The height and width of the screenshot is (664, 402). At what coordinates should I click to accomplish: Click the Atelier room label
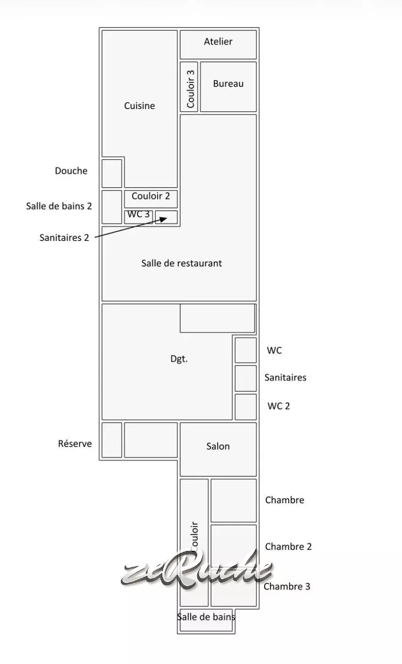tap(218, 41)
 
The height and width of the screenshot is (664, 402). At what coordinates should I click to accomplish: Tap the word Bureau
tap(228, 83)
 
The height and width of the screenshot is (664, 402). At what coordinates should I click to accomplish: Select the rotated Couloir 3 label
tap(191, 89)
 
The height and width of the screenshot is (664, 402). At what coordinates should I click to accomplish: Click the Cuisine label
tap(140, 106)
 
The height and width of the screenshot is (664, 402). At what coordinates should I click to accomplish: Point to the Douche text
tap(71, 171)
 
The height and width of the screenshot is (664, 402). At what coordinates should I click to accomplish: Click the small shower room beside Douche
tap(112, 174)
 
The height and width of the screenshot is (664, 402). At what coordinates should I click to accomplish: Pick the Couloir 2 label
tap(151, 196)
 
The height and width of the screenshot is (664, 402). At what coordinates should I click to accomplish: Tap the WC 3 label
tap(139, 214)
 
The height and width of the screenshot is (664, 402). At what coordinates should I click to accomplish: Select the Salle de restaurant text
tap(182, 263)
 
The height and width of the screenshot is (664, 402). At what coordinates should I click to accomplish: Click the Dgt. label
tap(179, 359)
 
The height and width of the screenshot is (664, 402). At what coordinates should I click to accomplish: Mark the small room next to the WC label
tap(246, 350)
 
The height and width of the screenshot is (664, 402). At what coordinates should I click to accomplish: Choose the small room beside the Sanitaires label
tap(246, 379)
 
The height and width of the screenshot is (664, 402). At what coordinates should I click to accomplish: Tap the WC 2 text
tap(278, 406)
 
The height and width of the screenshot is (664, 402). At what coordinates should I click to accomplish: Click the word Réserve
tap(75, 444)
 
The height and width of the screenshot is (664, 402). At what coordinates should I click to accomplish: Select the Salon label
tap(218, 447)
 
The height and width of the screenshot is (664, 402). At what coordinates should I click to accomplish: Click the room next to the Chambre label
tap(234, 500)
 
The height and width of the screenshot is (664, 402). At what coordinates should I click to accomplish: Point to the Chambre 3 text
tap(287, 586)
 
